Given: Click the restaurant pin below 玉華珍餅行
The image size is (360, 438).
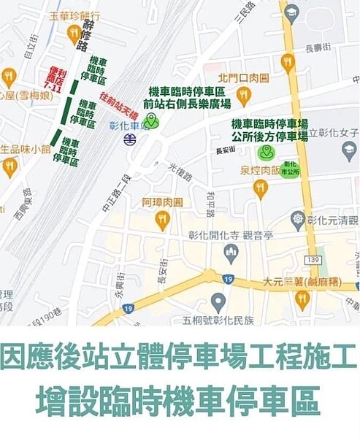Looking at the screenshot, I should pos(73,33).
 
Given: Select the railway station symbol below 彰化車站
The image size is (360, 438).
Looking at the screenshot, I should pos(129,139).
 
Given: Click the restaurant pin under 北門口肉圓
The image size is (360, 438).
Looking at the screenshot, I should pos(243,94).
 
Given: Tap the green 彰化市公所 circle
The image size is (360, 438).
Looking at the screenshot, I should pos(291,169).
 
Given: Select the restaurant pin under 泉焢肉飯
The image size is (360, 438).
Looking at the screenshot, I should pos(261,188).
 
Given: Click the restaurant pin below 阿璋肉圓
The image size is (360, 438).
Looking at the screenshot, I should pos(162,218).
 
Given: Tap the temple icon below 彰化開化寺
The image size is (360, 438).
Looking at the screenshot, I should pos(231,253).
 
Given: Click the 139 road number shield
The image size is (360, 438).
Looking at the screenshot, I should pos(315,260).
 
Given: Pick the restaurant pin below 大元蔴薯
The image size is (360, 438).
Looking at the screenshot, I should pos(302,299).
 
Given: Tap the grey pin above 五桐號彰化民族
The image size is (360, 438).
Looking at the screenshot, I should pos(218,301).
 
